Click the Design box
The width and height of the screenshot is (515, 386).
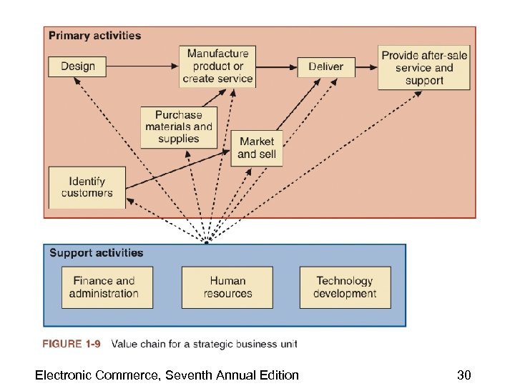77,66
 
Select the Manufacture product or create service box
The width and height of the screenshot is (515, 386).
217,66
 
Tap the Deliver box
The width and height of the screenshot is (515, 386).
325,66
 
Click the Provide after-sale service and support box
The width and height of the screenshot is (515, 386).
423,68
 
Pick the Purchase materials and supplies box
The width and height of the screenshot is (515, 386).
179,127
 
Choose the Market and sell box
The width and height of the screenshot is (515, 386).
257,148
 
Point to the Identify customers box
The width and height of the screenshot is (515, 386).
87,187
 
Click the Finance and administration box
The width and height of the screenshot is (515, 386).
107,287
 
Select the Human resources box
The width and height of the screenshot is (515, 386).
227,287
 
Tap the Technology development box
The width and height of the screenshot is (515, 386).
345,287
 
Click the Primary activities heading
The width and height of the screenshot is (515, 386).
94,36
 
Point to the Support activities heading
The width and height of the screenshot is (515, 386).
96,253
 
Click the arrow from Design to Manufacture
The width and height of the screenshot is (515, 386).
143,66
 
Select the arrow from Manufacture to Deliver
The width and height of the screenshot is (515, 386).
276,66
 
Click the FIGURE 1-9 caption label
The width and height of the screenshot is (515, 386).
72,344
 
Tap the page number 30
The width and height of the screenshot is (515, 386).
464,375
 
